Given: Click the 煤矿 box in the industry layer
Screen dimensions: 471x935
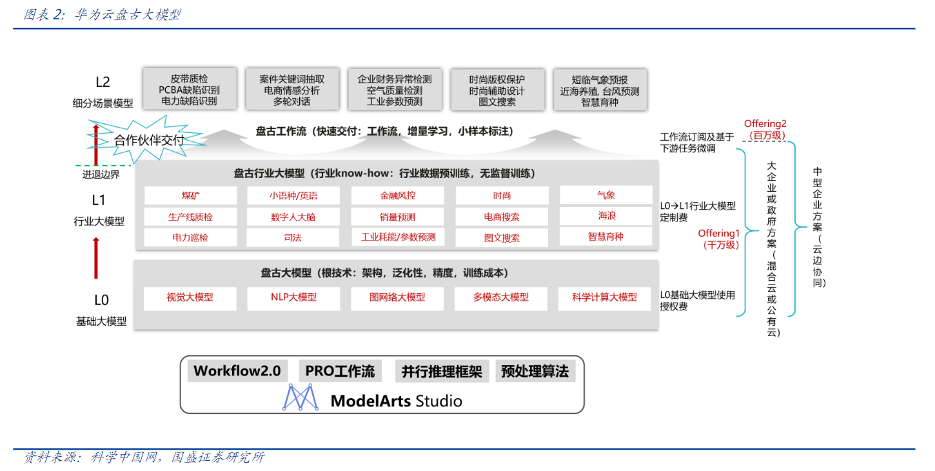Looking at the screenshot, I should point(190,195).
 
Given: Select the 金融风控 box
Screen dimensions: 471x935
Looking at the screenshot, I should point(398,195).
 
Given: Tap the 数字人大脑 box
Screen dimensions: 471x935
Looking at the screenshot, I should point(293,217).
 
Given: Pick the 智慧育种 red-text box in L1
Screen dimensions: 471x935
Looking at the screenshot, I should point(605,237).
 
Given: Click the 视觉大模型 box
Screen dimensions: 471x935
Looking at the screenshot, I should point(190,298).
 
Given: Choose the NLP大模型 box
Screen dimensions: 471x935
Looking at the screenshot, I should point(293,298).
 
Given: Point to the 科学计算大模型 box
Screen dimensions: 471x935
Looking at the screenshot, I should point(604,298).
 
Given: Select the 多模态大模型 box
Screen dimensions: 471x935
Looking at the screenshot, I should point(501,298).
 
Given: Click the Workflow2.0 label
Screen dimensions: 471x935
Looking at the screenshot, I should point(237,371).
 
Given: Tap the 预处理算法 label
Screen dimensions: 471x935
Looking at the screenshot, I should point(535,371).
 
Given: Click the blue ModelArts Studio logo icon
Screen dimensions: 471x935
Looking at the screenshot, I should point(301,397).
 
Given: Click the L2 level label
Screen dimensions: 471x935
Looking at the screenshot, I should point(103,82).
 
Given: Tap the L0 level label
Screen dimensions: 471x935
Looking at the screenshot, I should point(101,300).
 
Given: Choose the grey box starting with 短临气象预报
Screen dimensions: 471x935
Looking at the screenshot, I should point(600,90).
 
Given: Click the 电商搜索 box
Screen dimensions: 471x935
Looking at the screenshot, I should point(502,217).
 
